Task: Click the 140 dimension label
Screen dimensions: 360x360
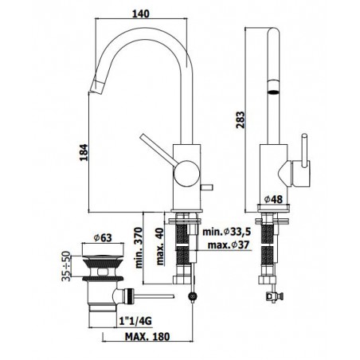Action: [141, 14]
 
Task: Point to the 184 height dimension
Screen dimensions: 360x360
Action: [84, 152]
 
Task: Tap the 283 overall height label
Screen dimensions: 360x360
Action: [241, 119]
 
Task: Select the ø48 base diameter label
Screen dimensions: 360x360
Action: [273, 199]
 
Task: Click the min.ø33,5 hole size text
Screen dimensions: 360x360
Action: [227, 232]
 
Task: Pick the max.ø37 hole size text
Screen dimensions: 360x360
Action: [229, 245]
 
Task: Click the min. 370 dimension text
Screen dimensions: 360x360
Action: [139, 248]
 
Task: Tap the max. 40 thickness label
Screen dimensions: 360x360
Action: [160, 246]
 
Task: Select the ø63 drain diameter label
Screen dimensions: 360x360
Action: [103, 237]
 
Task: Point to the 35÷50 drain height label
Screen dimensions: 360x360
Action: [66, 266]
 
